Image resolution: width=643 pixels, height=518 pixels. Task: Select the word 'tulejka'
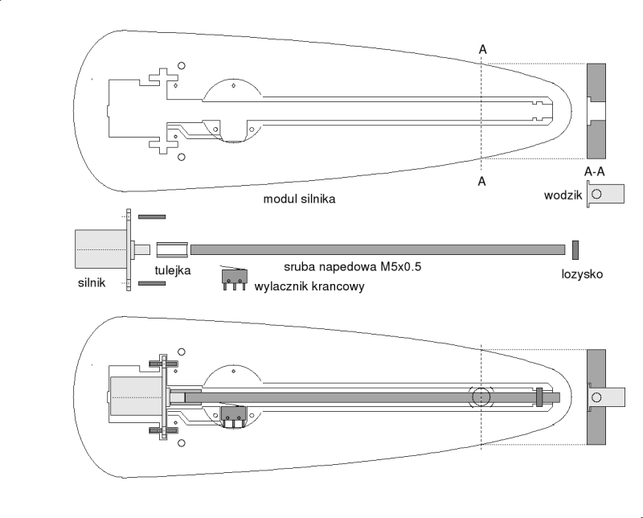173,270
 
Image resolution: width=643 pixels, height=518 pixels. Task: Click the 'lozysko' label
582,274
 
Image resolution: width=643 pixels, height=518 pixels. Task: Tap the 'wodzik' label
563,194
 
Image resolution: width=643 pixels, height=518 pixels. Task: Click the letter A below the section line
482,182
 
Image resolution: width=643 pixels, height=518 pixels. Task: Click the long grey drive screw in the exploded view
378,249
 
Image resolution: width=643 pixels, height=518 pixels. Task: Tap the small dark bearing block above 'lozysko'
575,249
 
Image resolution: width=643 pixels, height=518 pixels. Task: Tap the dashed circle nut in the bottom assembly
482,397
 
